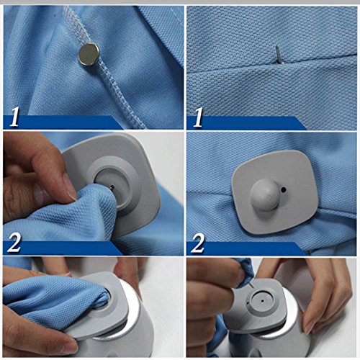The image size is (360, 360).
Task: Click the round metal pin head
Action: pos(89,54)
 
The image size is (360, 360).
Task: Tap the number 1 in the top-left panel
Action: pos(14,117)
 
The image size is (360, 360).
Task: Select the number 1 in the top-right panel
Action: pos(197,117)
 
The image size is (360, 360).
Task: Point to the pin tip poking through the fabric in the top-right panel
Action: pos(278,55)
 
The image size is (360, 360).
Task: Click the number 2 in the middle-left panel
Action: pos(14,243)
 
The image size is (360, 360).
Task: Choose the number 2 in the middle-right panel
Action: pos(197,243)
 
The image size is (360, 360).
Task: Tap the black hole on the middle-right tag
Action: pos(284,190)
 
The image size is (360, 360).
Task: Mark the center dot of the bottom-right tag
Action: pos(263,300)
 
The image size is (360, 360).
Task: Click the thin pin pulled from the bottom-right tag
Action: pos(251,286)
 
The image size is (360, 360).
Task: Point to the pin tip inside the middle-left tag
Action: pos(112,187)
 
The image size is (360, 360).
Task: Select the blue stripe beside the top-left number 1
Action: pos(65,122)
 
